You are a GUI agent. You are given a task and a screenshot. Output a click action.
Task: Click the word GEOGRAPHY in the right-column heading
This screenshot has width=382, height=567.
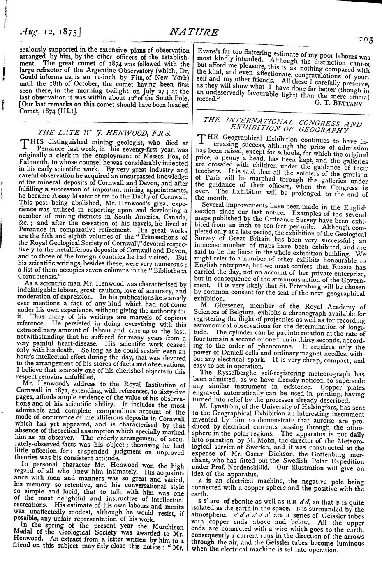point(325,130)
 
